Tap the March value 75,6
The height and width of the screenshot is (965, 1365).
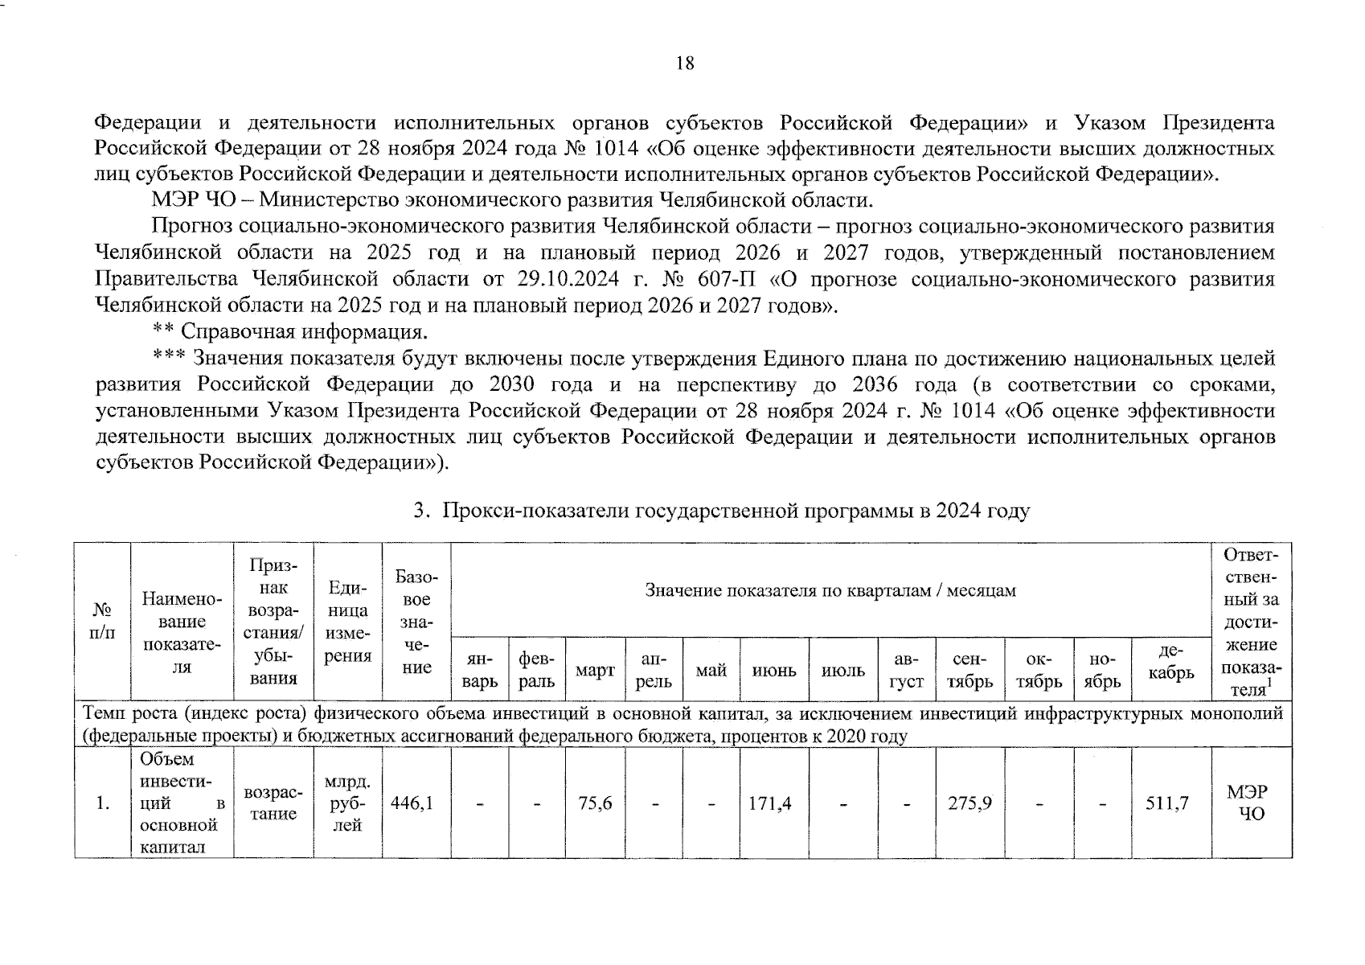coord(596,803)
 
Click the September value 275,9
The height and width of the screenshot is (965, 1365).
coord(969,803)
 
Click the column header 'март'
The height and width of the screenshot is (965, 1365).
coord(595,671)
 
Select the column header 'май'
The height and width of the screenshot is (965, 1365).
coord(711,671)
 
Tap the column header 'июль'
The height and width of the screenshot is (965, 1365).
coord(843,671)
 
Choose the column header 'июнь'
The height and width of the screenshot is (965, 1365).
coord(774,671)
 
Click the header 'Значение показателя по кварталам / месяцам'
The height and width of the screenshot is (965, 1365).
coord(830,591)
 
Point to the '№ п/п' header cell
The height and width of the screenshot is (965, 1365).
coord(102,622)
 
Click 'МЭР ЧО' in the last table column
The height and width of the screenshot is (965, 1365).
coord(1252,803)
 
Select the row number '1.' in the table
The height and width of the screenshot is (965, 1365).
coord(102,803)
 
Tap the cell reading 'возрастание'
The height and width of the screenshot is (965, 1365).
coord(273,803)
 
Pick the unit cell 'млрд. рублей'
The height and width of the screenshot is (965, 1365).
coord(347,803)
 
